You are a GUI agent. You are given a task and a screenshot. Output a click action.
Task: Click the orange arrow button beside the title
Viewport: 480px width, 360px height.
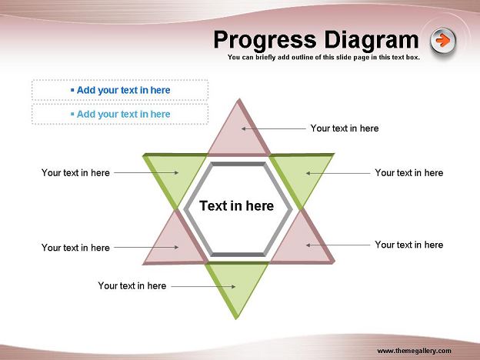(443, 41)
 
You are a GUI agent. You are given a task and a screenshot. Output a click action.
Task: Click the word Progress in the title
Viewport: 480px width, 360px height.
(265, 40)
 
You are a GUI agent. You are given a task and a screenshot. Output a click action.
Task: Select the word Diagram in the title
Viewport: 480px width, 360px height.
(372, 40)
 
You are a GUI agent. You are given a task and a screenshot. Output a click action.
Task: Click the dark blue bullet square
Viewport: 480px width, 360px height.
(72, 90)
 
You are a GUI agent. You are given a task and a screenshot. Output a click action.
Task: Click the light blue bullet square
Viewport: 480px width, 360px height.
(72, 114)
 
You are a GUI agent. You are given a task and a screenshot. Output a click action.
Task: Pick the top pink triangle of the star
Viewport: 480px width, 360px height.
(238, 135)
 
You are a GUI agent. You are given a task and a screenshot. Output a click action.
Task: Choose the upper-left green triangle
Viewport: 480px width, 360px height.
(175, 175)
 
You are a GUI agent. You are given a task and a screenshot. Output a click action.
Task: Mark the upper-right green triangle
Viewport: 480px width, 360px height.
(302, 175)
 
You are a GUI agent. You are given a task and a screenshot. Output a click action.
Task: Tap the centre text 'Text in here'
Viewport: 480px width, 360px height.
(237, 205)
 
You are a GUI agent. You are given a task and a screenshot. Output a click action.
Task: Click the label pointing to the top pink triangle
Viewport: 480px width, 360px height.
(345, 128)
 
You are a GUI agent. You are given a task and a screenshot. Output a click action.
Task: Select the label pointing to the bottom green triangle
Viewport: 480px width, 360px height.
(132, 286)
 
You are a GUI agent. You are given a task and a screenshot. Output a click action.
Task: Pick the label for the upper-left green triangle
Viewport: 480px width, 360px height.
(75, 172)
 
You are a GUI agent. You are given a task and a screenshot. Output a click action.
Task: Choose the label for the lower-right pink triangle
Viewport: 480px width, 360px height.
(409, 245)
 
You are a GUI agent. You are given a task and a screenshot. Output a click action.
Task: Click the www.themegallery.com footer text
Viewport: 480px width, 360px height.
(414, 351)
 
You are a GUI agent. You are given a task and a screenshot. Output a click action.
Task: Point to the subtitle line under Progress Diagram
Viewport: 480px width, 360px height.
(324, 57)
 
